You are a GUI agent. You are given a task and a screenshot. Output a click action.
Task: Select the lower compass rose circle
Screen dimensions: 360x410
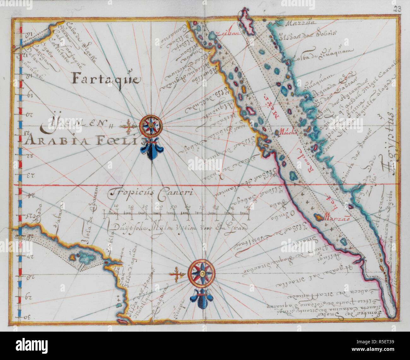pyautogui.click(x=201, y=272)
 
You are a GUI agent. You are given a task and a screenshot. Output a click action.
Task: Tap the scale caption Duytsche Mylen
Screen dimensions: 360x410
pyautogui.click(x=177, y=227)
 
